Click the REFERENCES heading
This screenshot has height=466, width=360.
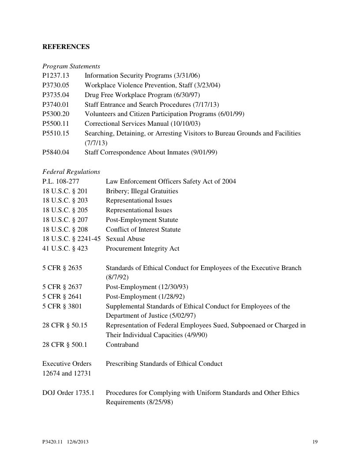point(66,46)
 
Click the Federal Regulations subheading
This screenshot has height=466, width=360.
point(71,172)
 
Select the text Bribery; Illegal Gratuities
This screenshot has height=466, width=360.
point(142,191)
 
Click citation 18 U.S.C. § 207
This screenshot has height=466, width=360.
point(65,220)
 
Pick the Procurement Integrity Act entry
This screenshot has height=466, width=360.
point(142,248)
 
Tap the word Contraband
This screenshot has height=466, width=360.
point(122,345)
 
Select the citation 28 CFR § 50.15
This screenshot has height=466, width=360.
point(65,325)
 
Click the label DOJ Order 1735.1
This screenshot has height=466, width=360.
point(68,393)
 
